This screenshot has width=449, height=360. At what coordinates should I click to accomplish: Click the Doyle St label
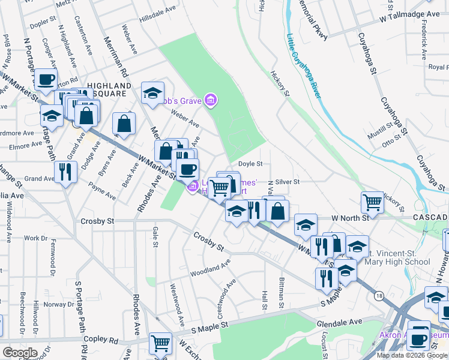tap(251, 163)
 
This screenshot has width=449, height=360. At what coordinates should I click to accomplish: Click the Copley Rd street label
tap(96, 339)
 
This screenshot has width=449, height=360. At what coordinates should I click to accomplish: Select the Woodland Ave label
tap(211, 267)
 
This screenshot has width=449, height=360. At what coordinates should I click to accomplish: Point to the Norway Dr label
tap(60, 304)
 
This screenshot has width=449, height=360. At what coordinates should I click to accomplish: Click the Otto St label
tap(391, 143)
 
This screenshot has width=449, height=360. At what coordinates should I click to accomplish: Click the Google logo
tap(20, 353)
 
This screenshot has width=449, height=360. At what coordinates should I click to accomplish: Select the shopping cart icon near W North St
tap(373, 202)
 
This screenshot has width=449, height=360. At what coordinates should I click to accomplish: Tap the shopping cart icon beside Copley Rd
tap(160, 344)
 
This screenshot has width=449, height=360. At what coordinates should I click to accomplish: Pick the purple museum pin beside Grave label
tap(210, 99)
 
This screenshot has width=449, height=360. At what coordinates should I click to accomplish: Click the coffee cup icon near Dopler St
tap(46, 79)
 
